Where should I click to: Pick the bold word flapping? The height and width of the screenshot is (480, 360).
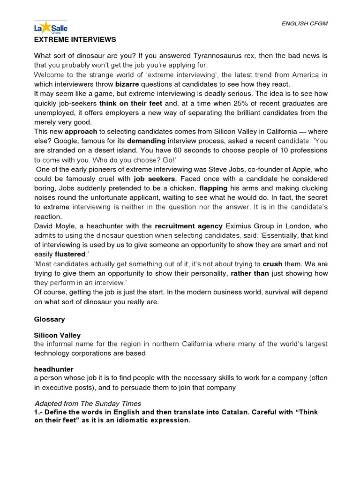coord(213,189)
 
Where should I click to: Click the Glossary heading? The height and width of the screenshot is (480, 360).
coord(49,319)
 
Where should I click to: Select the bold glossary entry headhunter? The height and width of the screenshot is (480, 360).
coord(53,369)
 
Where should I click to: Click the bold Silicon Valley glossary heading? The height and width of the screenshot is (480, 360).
coord(57,335)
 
